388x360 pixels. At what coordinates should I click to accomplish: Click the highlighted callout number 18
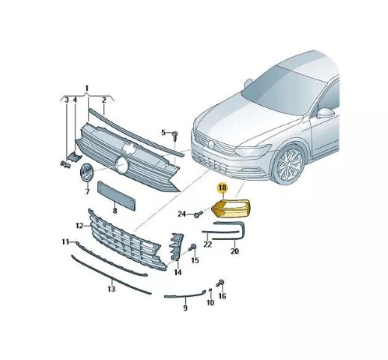click(222, 187)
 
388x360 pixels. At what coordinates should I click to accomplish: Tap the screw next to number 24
click(198, 214)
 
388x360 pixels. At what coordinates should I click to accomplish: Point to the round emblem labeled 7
click(86, 172)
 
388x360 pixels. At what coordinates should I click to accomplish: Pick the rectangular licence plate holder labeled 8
click(116, 196)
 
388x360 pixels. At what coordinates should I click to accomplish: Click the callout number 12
click(79, 226)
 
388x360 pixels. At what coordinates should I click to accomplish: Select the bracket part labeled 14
click(177, 247)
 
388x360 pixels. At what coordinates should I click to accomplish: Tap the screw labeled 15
click(193, 247)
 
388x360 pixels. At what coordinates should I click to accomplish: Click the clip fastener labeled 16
click(220, 283)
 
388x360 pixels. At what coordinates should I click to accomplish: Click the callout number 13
click(112, 289)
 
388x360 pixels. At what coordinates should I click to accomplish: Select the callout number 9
click(185, 307)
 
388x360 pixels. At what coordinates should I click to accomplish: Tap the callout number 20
click(234, 251)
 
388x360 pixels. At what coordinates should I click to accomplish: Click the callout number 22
click(207, 244)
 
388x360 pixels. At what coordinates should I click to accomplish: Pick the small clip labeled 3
click(64, 164)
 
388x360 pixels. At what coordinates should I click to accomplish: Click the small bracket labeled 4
click(74, 156)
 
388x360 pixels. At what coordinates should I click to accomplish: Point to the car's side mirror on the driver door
click(326, 113)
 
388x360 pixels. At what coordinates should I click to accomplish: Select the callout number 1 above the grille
click(87, 88)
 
